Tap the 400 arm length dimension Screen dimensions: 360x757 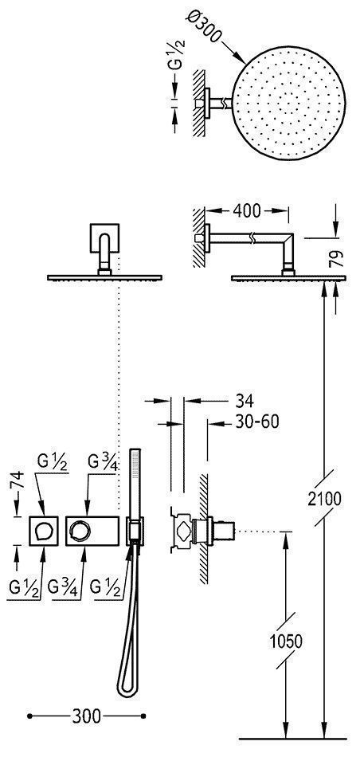[247, 211]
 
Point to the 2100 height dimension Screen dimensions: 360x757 [324, 499]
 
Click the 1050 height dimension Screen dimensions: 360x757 [286, 641]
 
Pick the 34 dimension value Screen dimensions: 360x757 [245, 400]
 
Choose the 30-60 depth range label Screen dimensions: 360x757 [257, 422]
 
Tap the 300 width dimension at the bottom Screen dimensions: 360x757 [87, 716]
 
